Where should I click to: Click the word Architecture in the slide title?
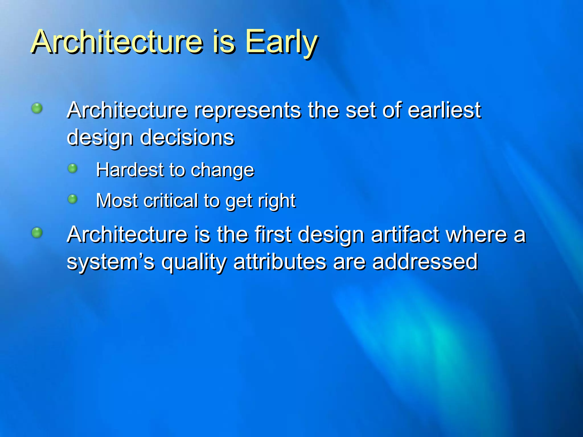(x=117, y=42)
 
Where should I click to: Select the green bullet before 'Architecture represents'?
(x=37, y=108)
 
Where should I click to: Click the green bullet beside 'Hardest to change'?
(x=73, y=168)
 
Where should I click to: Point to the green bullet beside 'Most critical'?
(x=73, y=199)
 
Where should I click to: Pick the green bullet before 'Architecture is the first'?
(x=37, y=232)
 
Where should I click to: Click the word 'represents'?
(x=247, y=110)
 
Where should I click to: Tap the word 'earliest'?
(x=444, y=110)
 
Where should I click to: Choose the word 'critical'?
(x=171, y=201)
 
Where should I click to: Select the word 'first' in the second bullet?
(x=273, y=235)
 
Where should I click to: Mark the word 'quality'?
(x=194, y=262)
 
